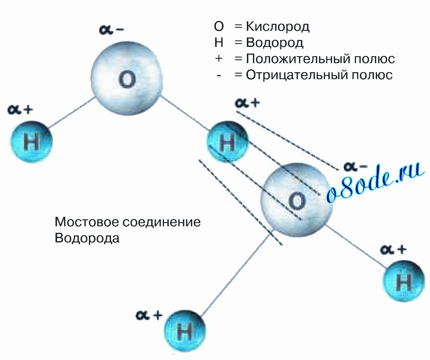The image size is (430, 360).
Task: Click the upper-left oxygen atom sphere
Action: coord(127,78)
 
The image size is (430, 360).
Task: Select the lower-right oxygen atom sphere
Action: coord(297,200)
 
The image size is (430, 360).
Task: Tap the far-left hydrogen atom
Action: coord(31,142)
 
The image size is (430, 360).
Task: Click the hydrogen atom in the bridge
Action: coord(228,141)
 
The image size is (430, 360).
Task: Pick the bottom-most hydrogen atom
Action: coord(185,331)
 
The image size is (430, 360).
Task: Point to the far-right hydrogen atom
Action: coord(403,281)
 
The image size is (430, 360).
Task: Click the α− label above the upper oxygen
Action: coord(111,29)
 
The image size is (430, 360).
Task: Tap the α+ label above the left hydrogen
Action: coord(20,110)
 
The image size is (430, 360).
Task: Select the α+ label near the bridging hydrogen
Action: coord(247,103)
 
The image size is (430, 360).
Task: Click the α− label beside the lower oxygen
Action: coord(355,166)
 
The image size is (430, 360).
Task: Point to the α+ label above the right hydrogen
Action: coord(393,250)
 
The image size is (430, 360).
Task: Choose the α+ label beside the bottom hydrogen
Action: coord(149,315)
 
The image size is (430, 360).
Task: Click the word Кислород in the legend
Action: coord(278,27)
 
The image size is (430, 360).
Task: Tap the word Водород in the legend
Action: coord(275,43)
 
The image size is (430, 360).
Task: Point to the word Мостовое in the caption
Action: coord(87,222)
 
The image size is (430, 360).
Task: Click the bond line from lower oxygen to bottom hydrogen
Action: coord(235,275)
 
